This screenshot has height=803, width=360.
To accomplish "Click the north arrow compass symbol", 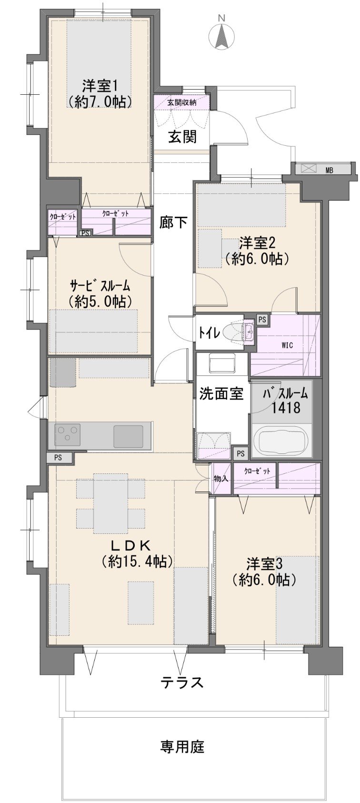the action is tap(222, 34).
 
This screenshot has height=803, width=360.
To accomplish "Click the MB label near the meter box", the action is tap(329, 171).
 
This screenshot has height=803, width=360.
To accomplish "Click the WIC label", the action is tap(287, 345).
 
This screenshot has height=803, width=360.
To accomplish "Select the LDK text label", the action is tap(129, 546).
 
